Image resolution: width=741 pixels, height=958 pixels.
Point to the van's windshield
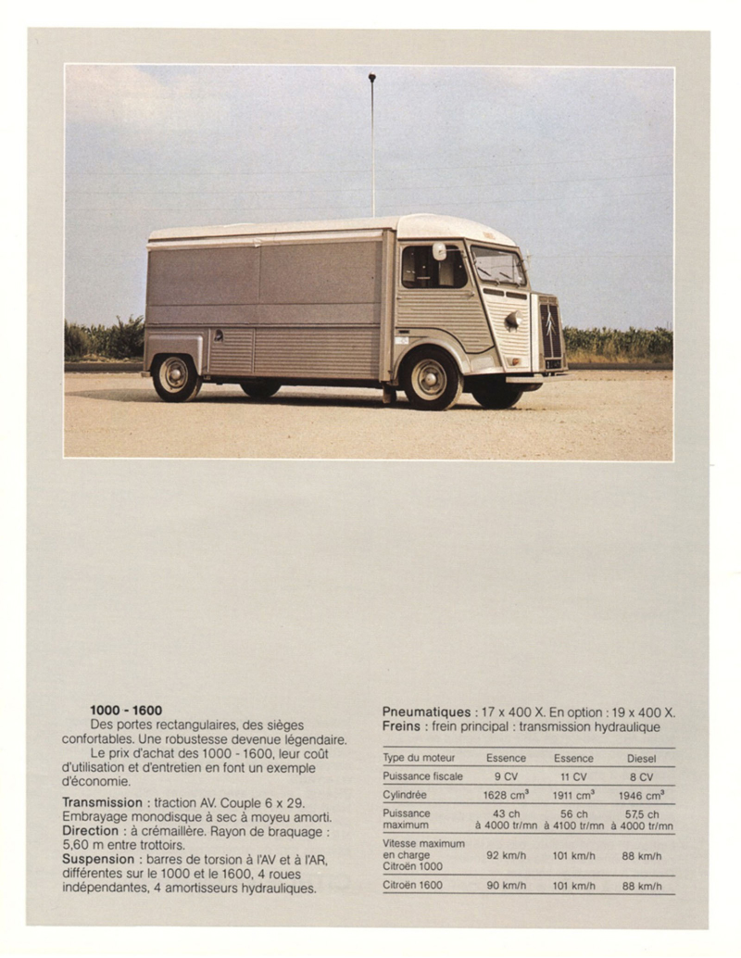(x=497, y=266)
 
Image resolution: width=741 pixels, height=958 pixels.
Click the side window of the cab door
(x=433, y=268)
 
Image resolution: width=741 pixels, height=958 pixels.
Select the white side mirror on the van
(x=439, y=251)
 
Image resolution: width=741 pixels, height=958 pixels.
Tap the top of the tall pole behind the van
(x=371, y=78)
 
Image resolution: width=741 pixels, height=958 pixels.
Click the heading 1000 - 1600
(x=126, y=711)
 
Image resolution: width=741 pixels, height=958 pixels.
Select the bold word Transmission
(x=102, y=801)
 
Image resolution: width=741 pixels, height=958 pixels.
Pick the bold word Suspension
(x=98, y=859)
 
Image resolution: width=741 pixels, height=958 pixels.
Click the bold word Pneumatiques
(x=426, y=712)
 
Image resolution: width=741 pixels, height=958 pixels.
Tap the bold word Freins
(x=401, y=726)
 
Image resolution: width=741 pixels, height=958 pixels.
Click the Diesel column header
(x=641, y=758)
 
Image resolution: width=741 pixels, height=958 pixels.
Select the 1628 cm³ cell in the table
(x=506, y=795)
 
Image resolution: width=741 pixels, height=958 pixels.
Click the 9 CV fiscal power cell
(x=506, y=776)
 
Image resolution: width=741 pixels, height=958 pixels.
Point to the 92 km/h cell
(x=506, y=855)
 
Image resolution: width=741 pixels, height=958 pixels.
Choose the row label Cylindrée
(x=405, y=795)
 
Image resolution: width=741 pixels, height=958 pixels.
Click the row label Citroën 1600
(x=412, y=886)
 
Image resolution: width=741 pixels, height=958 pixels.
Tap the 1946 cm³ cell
(x=641, y=795)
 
